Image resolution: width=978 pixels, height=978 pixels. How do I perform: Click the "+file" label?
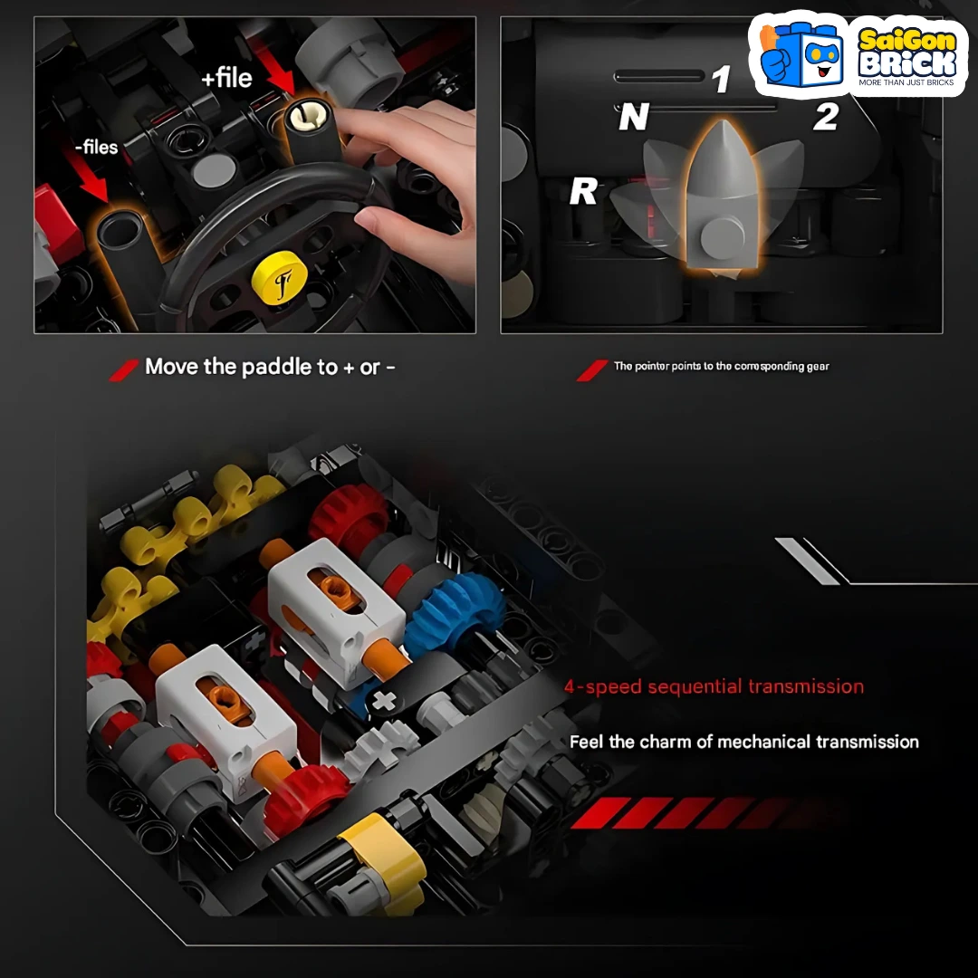pyautogui.click(x=226, y=78)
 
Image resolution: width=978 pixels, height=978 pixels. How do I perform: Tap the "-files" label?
pyautogui.click(x=97, y=148)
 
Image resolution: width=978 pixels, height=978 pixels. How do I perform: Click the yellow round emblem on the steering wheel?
pyautogui.click(x=280, y=278)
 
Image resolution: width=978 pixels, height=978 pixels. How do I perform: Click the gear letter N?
pyautogui.click(x=634, y=117)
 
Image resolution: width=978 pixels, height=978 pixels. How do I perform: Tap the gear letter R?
pyautogui.click(x=583, y=191)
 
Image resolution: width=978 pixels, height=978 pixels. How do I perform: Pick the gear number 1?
pyautogui.click(x=721, y=79)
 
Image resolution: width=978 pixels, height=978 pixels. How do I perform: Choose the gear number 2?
pyautogui.click(x=826, y=117)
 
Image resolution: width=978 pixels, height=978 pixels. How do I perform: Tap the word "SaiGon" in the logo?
pyautogui.click(x=906, y=41)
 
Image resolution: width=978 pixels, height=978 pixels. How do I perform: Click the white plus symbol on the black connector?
pyautogui.click(x=383, y=701)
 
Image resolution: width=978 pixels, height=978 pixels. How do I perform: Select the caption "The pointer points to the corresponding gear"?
pyautogui.click(x=722, y=366)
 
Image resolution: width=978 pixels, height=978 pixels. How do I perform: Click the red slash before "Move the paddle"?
pyautogui.click(x=123, y=369)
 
